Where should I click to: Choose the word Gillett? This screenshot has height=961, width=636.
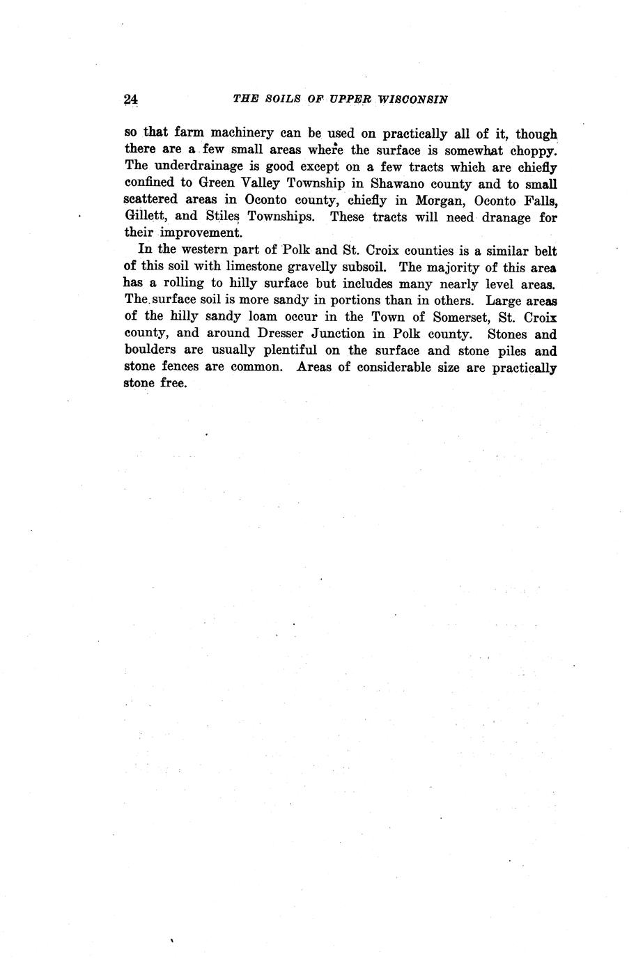pyautogui.click(x=141, y=216)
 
